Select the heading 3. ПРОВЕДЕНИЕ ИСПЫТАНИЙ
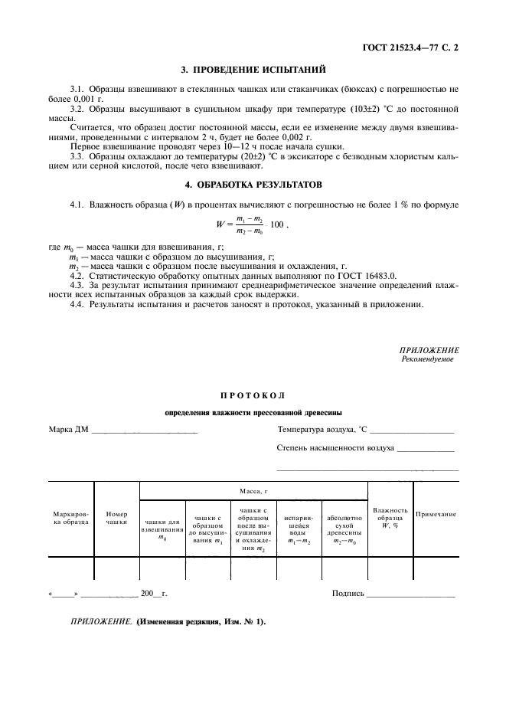(253, 70)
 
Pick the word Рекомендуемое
(427, 359)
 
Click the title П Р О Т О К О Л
(253, 395)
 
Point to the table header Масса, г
(253, 489)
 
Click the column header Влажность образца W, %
(390, 517)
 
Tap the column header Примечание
(436, 514)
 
